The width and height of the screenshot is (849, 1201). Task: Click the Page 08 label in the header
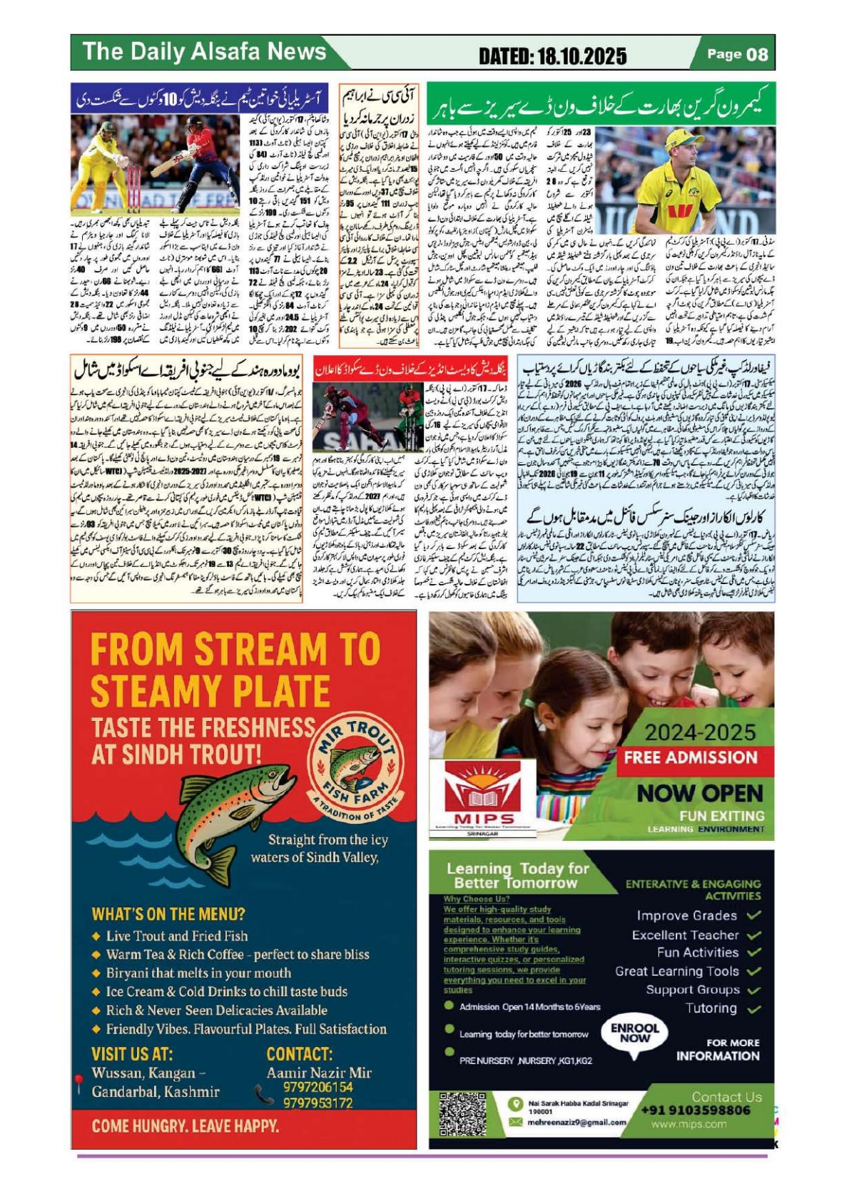pyautogui.click(x=738, y=54)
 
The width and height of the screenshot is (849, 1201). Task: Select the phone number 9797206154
pyautogui.click(x=317, y=1087)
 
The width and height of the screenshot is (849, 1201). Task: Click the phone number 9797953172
pyautogui.click(x=317, y=1103)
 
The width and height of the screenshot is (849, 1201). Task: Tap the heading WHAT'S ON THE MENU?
pyautogui.click(x=168, y=914)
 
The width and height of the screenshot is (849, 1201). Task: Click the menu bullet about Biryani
pyautogui.click(x=198, y=973)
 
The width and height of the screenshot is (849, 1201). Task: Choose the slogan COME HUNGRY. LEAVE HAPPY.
pyautogui.click(x=185, y=1126)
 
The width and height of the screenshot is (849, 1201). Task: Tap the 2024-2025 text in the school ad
pyautogui.click(x=700, y=732)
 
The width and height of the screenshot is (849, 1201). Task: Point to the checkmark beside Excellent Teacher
pyautogui.click(x=754, y=934)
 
